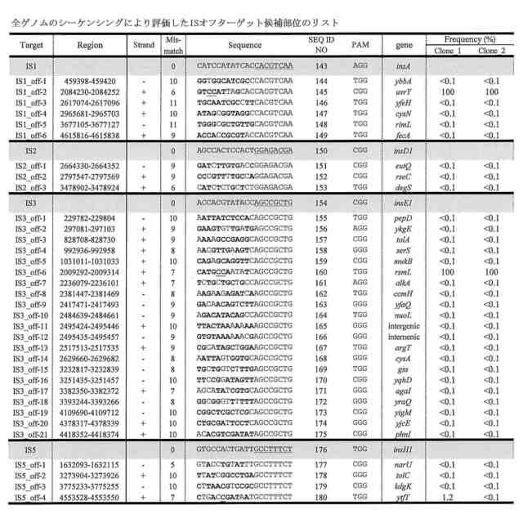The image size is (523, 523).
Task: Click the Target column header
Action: click(x=31, y=42)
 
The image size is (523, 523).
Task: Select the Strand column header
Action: click(x=144, y=42)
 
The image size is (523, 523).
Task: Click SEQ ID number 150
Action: click(x=322, y=150)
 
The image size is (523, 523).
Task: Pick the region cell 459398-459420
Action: click(x=91, y=81)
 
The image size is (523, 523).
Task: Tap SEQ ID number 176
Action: click(x=322, y=449)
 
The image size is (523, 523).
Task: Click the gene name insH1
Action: click(x=404, y=449)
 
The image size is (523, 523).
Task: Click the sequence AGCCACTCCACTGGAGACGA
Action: click(x=244, y=150)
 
